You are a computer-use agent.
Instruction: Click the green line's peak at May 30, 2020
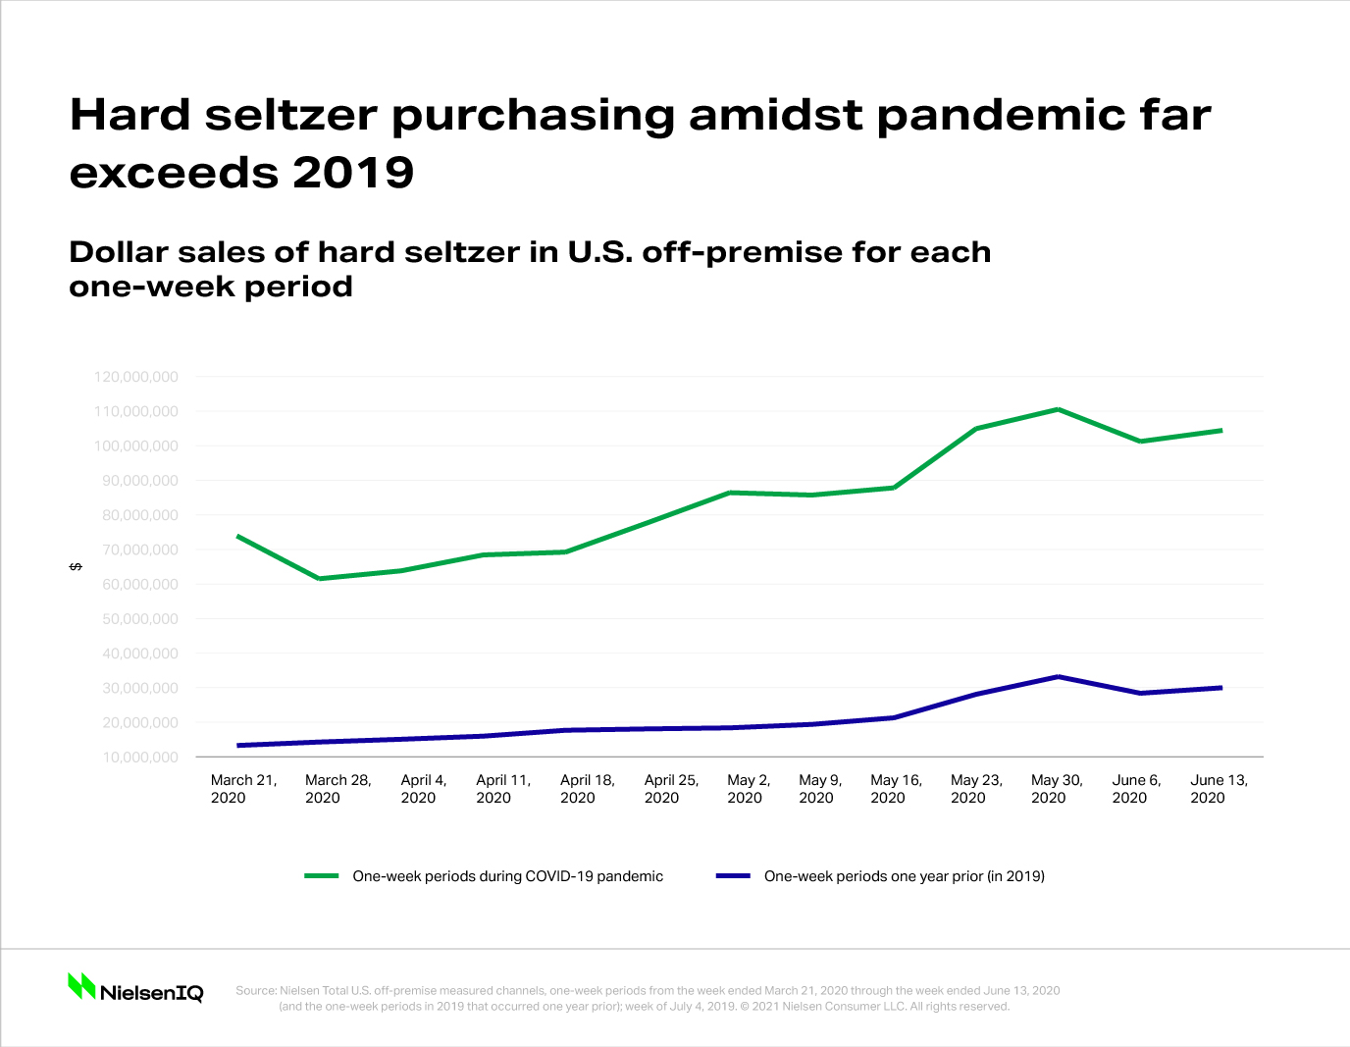[1059, 409]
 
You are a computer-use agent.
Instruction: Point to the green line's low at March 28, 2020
[320, 578]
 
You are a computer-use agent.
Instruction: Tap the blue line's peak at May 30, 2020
[1059, 676]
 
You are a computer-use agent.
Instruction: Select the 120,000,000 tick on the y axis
[136, 377]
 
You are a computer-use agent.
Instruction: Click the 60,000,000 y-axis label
[136, 584]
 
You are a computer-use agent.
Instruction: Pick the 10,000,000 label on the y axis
[136, 758]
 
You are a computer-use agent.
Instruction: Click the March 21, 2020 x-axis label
[243, 789]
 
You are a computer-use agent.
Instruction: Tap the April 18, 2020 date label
[587, 789]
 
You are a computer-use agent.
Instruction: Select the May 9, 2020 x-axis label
[819, 789]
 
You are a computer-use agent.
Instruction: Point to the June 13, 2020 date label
[1219, 789]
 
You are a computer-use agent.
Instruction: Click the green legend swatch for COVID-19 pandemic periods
[322, 875]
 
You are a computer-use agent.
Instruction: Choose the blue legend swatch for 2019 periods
[733, 875]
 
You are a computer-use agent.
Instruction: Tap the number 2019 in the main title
[353, 173]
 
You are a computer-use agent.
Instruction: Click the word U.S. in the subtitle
[600, 252]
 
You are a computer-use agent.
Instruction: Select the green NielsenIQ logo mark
[81, 986]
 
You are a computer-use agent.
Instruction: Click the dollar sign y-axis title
[76, 567]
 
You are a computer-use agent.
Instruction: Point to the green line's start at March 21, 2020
[238, 536]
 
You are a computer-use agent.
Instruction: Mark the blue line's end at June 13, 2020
[1221, 688]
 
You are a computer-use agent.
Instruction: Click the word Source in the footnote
[255, 990]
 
